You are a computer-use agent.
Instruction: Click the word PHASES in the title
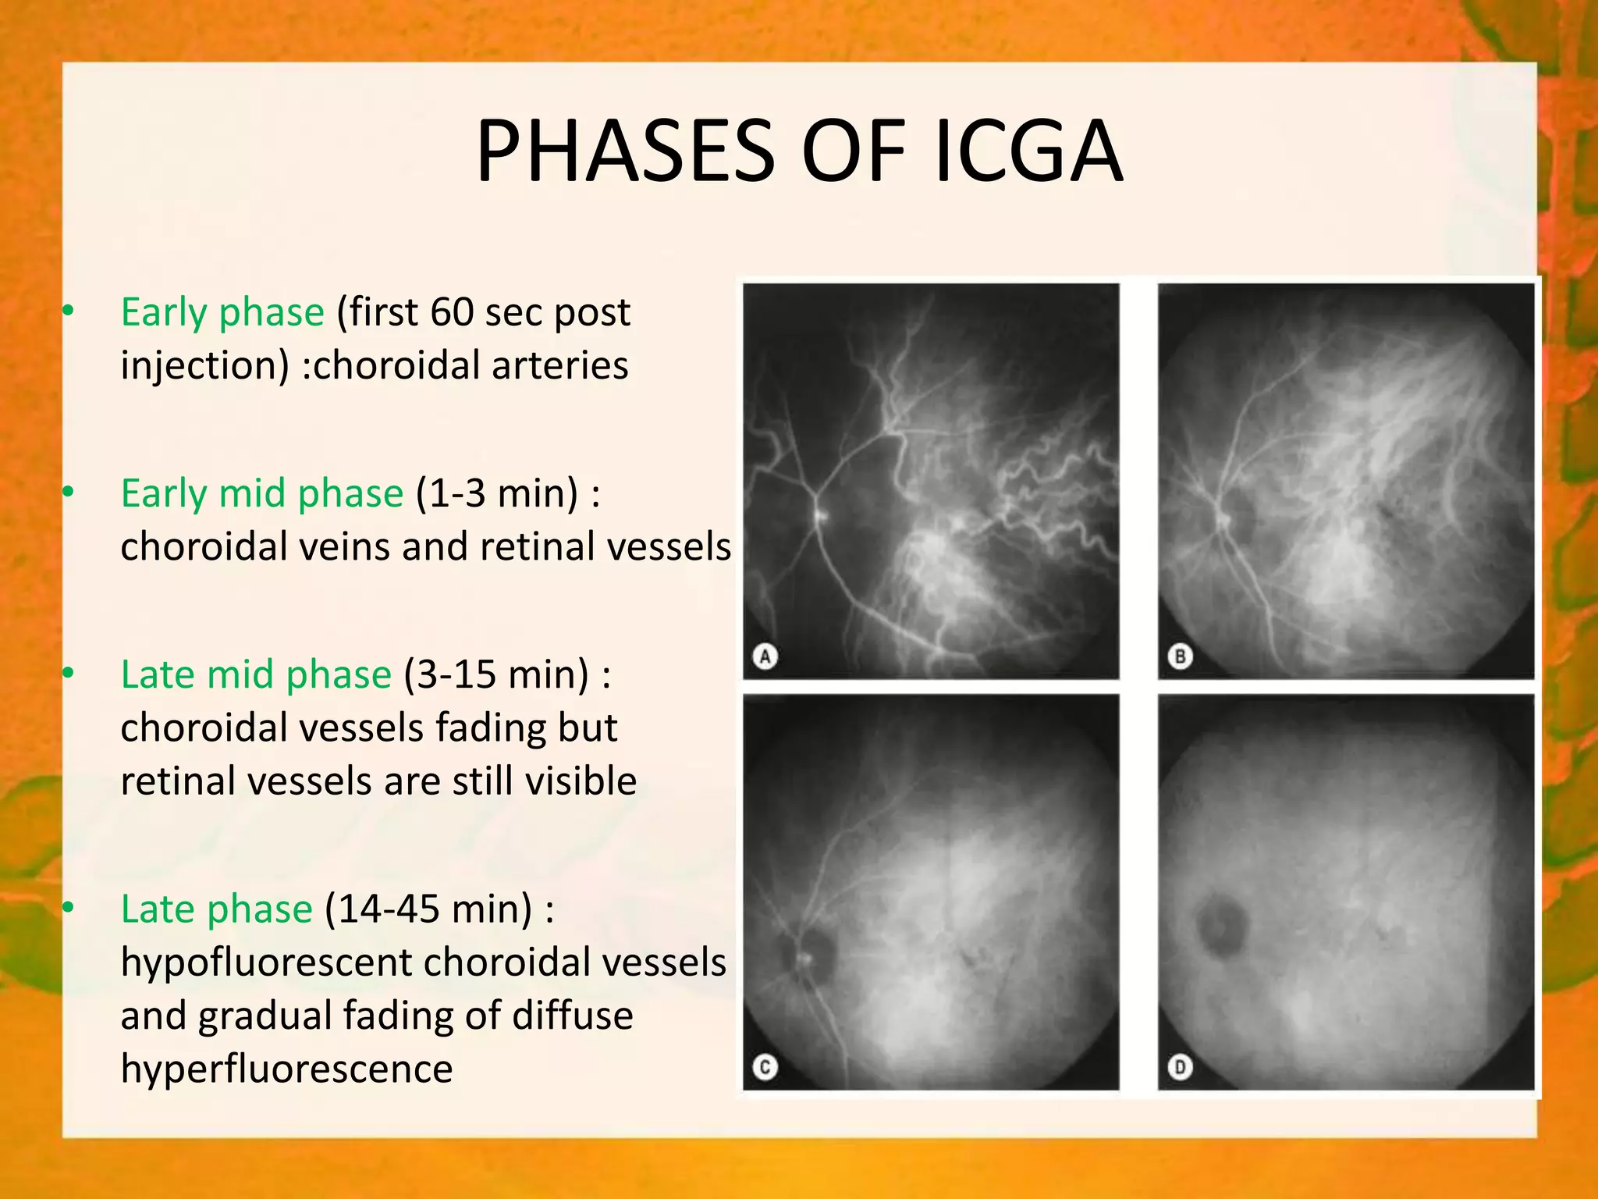[x=625, y=151]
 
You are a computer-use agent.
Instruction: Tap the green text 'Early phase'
[x=222, y=313]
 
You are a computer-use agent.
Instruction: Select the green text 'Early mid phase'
[x=262, y=494]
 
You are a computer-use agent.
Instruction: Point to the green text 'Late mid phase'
[x=256, y=675]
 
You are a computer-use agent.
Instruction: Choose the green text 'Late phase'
[x=217, y=909]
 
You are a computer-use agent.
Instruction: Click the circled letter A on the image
[x=765, y=656]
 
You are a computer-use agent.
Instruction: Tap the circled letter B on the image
[x=1180, y=656]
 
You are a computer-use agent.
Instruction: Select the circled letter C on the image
[x=765, y=1067]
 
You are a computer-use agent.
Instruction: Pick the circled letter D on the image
[x=1180, y=1067]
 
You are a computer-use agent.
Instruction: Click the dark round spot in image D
[x=1222, y=926]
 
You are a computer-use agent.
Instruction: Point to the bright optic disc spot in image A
[x=821, y=515]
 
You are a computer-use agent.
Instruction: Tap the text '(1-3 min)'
[x=497, y=494]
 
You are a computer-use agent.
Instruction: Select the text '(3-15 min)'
[x=496, y=675]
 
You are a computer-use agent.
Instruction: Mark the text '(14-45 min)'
[x=428, y=909]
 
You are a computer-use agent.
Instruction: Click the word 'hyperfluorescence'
[x=286, y=1069]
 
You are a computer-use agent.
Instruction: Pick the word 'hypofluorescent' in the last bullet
[x=265, y=962]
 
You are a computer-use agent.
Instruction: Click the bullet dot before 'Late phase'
[x=69, y=906]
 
